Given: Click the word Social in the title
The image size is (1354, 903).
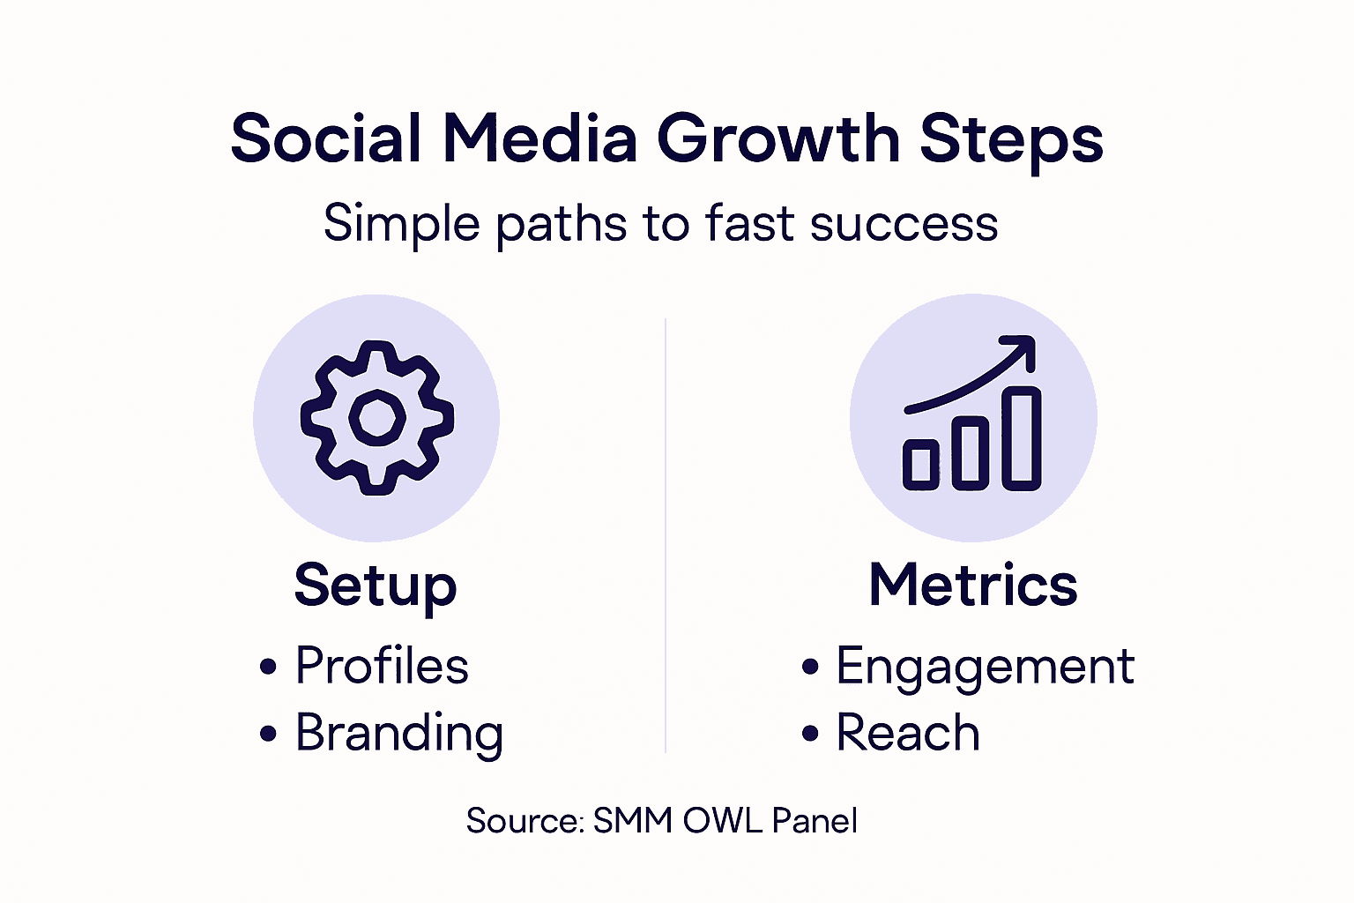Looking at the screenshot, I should tap(325, 139).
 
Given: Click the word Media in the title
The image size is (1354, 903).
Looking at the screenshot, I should tap(539, 139).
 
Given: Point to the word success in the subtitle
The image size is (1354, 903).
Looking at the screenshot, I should tap(904, 223).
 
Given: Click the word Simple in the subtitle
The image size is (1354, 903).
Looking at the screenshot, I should tap(401, 225).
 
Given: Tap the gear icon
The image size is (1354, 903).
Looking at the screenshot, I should tap(377, 417).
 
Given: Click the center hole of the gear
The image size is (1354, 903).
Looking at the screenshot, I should tap(377, 417).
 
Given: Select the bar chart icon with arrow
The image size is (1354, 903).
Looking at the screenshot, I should tap(973, 417).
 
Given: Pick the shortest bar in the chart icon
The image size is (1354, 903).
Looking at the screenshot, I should tap(920, 464).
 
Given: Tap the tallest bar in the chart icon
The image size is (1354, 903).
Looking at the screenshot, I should tap(1023, 438).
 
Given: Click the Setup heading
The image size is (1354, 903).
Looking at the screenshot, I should tap(376, 586).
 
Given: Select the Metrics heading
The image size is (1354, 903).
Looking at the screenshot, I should tap(973, 585).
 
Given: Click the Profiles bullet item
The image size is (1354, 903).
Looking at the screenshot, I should tap(381, 666).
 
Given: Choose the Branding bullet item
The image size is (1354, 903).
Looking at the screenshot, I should tap(398, 734).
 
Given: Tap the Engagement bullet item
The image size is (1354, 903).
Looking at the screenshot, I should tap(984, 667).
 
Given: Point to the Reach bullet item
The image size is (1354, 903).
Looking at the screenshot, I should tap(907, 734).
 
